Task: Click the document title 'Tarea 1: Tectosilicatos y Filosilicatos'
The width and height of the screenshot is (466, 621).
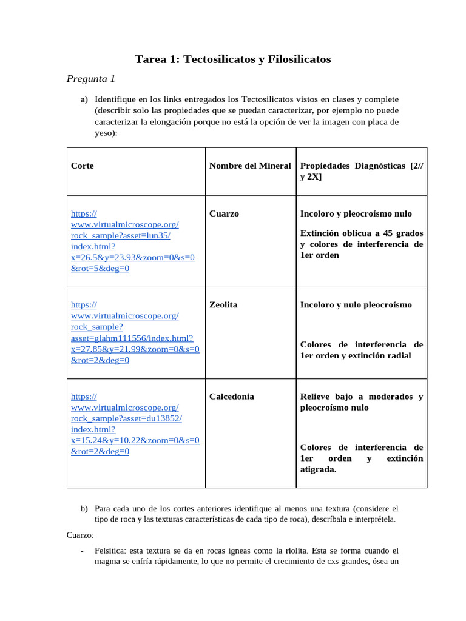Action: [232, 59]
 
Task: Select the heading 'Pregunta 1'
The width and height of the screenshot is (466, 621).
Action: [90, 78]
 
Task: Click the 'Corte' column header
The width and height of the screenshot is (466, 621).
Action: [82, 165]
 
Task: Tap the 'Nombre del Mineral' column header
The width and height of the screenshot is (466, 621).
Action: [250, 165]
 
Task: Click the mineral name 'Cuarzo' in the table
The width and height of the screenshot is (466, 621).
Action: [224, 213]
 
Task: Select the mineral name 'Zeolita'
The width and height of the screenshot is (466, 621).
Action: [223, 304]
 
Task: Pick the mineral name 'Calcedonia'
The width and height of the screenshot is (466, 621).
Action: [232, 396]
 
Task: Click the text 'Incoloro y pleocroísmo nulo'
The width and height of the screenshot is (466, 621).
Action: [356, 213]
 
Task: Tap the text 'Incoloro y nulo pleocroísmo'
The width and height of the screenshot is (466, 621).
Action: [356, 304]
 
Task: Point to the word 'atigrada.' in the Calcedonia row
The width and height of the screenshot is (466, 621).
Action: [318, 469]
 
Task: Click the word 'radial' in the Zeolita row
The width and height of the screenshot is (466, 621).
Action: [397, 355]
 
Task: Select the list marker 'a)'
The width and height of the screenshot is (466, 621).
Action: [84, 99]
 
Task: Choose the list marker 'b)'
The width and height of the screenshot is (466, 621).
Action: [84, 508]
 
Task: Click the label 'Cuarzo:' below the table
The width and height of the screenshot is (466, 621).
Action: [80, 535]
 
